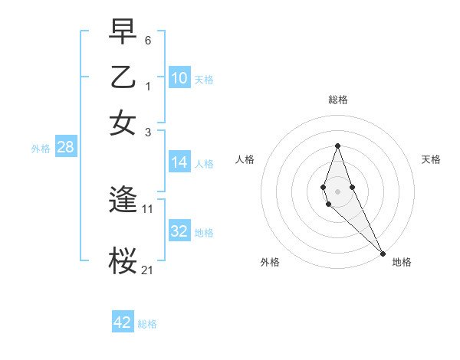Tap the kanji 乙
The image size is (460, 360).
pyautogui.click(x=124, y=77)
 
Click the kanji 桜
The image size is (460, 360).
pyautogui.click(x=124, y=260)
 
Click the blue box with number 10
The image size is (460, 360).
pyautogui.click(x=179, y=78)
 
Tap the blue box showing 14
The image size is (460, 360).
pyautogui.click(x=179, y=162)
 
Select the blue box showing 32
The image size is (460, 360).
pyautogui.click(x=179, y=231)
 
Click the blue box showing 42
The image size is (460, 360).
pyautogui.click(x=123, y=322)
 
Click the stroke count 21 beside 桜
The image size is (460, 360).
pyautogui.click(x=148, y=269)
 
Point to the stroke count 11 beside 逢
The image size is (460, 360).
pyautogui.click(x=148, y=208)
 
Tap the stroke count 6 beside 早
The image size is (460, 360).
pyautogui.click(x=148, y=38)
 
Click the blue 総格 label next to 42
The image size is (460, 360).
pyautogui.click(x=147, y=324)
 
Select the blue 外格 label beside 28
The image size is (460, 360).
pyautogui.click(x=41, y=149)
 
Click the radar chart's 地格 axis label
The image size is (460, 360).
pyautogui.click(x=402, y=262)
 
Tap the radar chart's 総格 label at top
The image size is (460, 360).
pyautogui.click(x=338, y=100)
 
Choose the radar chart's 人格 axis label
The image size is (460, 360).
pyautogui.click(x=245, y=159)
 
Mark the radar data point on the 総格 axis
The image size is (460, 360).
pyautogui.click(x=337, y=146)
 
